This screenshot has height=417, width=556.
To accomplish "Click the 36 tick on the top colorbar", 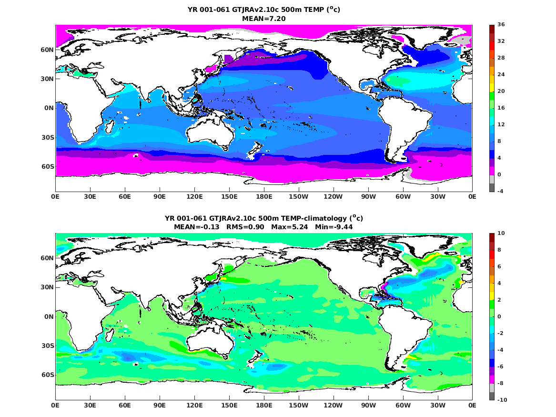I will [x=501, y=24].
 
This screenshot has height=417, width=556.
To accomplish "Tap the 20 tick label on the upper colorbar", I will [x=501, y=91].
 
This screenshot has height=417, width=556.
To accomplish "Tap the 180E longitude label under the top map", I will [x=264, y=196].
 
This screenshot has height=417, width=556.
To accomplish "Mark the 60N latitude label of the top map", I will [x=48, y=49].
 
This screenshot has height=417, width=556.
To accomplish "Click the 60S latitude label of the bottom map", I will [x=48, y=375].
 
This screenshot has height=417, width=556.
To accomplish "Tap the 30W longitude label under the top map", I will [x=437, y=196].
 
